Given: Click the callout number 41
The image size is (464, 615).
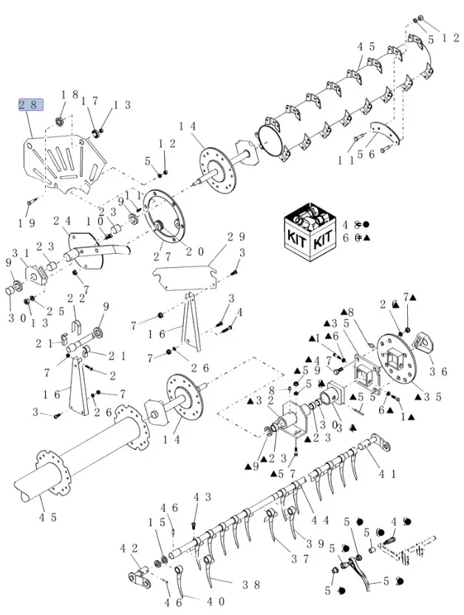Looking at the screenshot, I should (386, 472).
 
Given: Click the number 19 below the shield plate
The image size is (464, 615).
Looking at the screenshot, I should (27, 223).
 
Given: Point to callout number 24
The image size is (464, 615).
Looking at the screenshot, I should (61, 221).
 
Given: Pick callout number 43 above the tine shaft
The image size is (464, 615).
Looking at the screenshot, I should (202, 497).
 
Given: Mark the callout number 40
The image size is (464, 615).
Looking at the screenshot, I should (215, 602).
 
